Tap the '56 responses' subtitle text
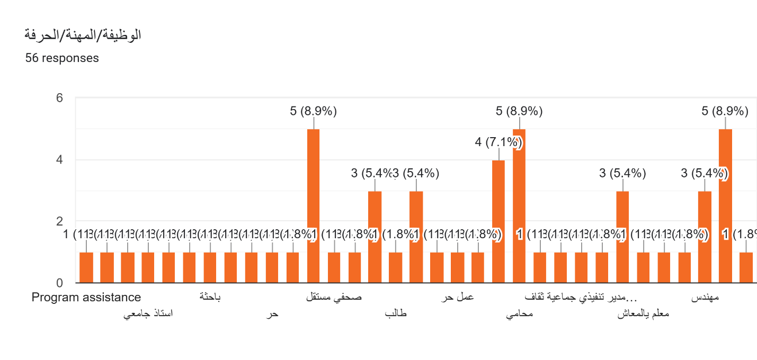pos(62,58)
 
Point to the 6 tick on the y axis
pos(60,98)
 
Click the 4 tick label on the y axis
pos(60,160)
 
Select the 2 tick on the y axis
pos(60,221)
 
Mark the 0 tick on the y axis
pos(60,283)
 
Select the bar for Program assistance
pos(86,268)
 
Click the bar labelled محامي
pos(519,206)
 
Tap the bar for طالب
pos(395,268)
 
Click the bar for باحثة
pos(210,268)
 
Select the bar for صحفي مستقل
pos(334,268)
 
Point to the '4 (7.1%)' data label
pos(498,142)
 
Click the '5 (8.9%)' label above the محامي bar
pos(519,111)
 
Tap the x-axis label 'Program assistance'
pos(86,298)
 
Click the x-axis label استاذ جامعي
pos(148,314)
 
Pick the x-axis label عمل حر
pos(457,298)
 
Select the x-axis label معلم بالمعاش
pos(643,314)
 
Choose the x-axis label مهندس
pos(705,298)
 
